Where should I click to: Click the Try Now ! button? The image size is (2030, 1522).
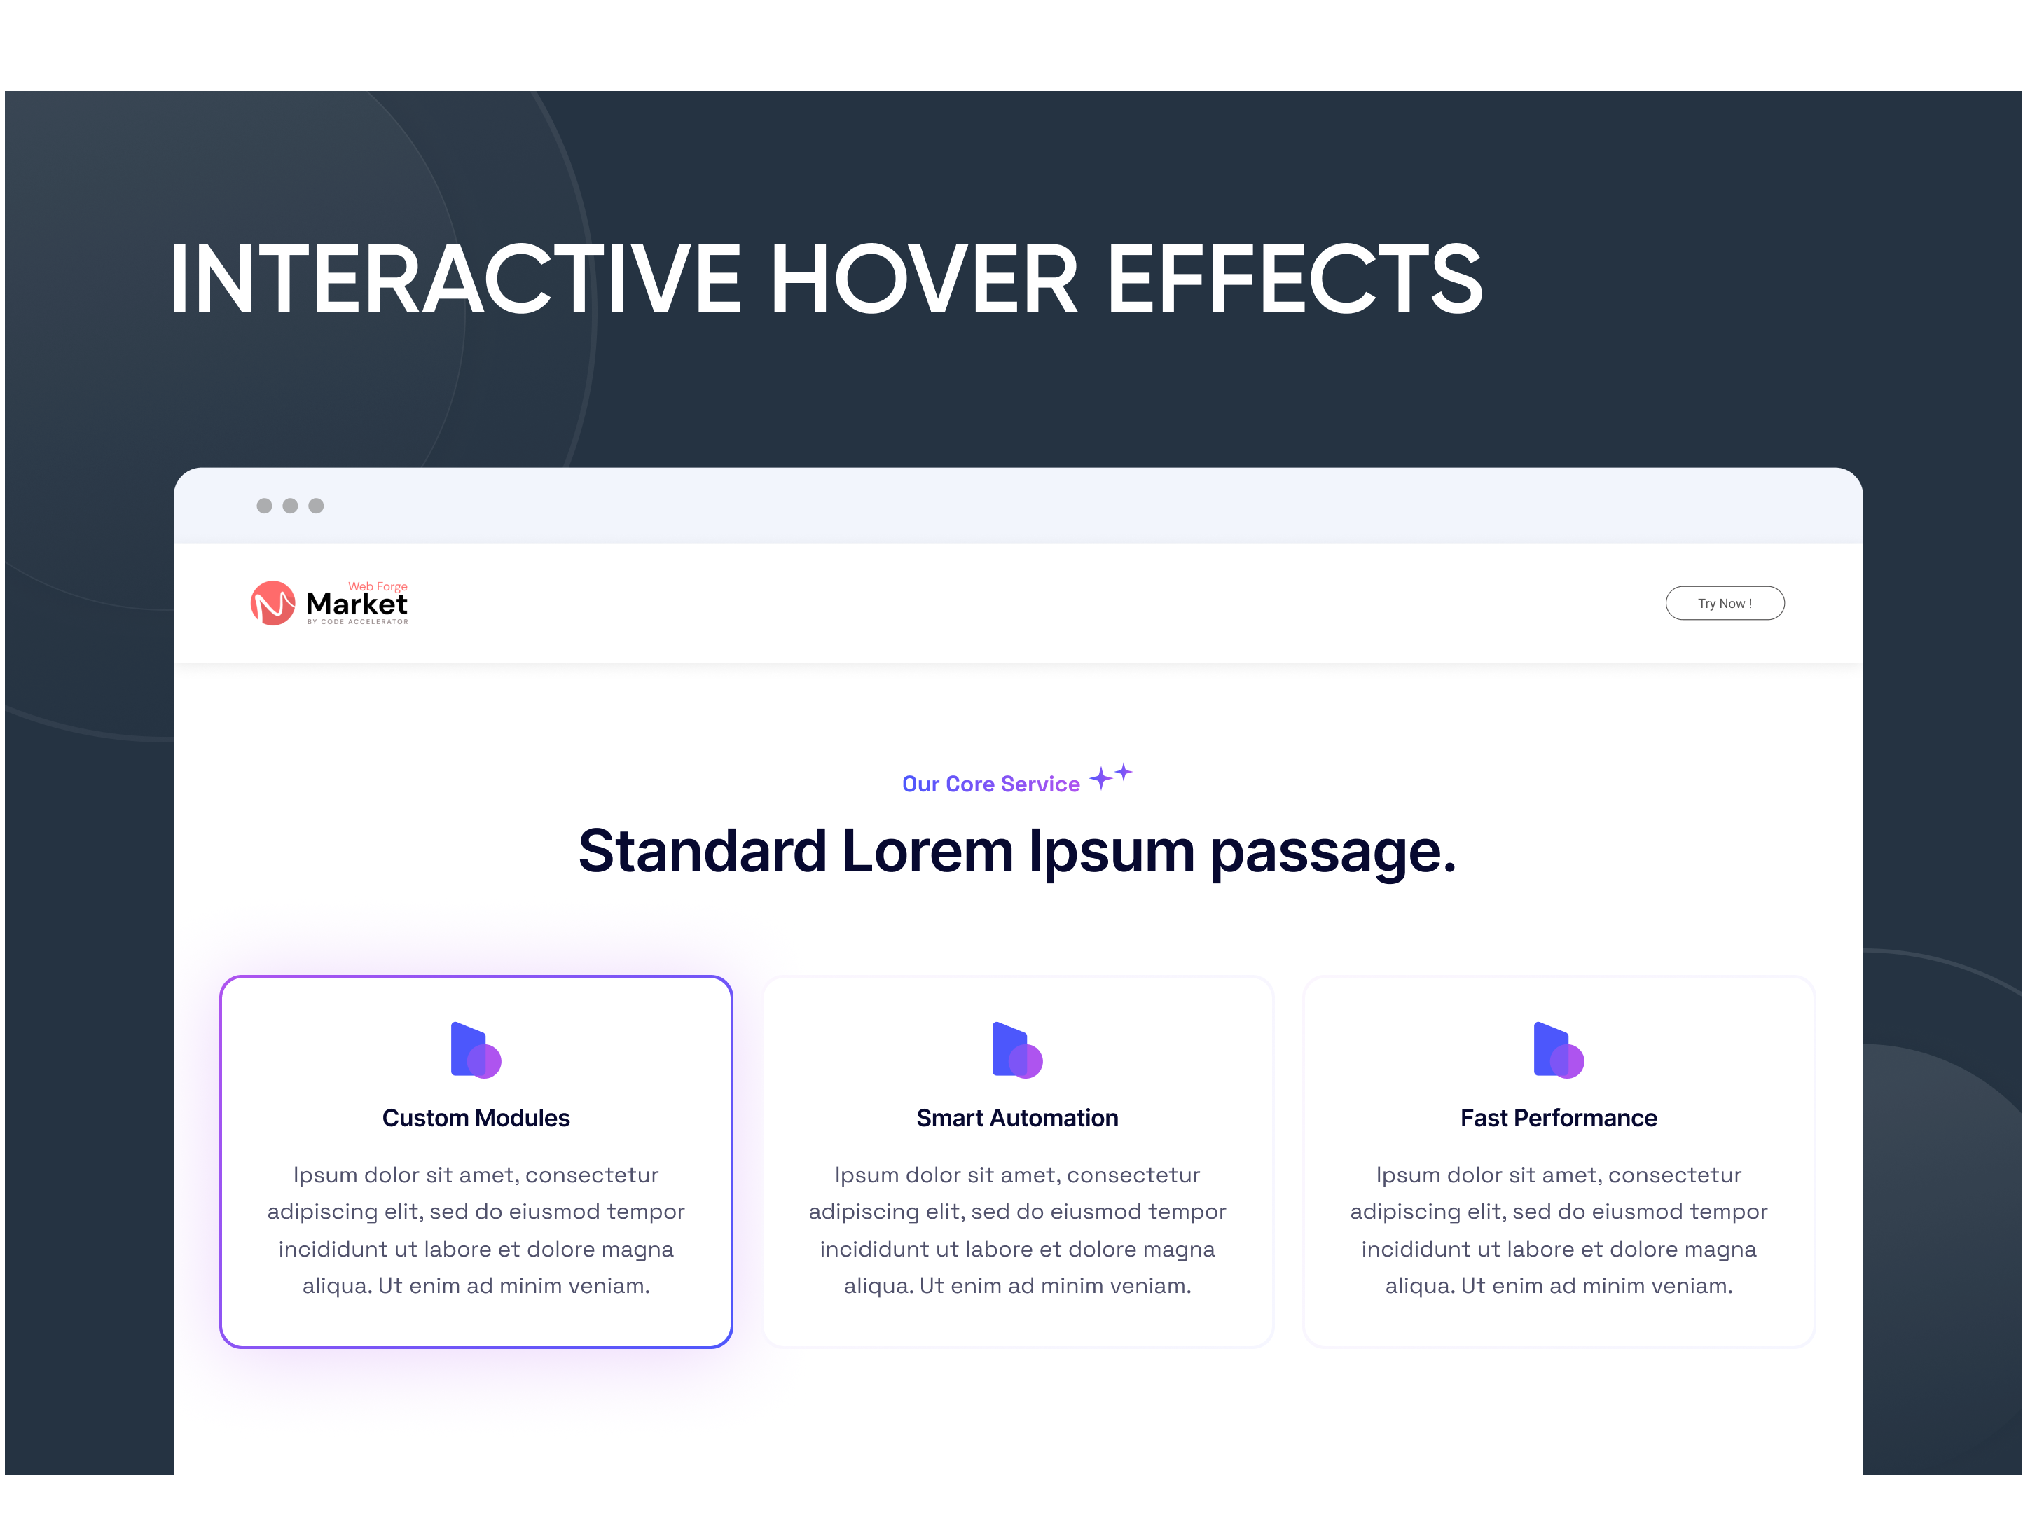click(x=1725, y=603)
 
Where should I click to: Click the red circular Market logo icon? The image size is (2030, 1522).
click(x=272, y=603)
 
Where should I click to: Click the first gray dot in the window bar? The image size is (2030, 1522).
click(x=264, y=506)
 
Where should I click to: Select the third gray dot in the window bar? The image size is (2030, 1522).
click(x=316, y=506)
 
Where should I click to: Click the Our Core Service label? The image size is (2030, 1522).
click(x=990, y=784)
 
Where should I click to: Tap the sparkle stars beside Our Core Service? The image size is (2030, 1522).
click(x=1110, y=776)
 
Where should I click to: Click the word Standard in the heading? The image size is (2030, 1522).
click(x=702, y=850)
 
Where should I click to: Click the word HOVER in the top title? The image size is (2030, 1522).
click(x=923, y=279)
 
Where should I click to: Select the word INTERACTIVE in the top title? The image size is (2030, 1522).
click(x=455, y=279)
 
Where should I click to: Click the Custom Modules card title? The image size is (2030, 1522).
click(x=476, y=1117)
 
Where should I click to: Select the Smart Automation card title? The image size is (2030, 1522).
click(x=1017, y=1117)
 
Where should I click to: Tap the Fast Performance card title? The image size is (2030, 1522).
click(x=1559, y=1117)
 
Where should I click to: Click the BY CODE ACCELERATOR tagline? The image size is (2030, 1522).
click(x=358, y=622)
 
